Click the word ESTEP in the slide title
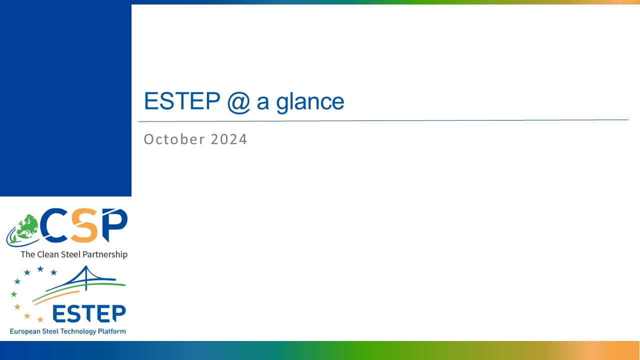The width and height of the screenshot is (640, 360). click(182, 101)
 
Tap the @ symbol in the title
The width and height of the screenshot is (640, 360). click(239, 102)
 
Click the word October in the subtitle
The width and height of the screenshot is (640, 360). click(174, 139)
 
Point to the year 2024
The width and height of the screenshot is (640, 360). click(229, 139)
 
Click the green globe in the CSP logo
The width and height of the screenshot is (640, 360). click(27, 227)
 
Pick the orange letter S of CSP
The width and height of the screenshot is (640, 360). click(85, 225)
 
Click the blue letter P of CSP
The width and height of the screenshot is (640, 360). click(115, 224)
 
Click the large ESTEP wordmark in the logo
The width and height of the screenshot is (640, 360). click(89, 313)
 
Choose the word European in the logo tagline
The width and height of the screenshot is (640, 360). click(25, 331)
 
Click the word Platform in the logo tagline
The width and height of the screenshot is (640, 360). click(112, 331)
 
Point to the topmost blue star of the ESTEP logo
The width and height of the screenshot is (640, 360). click(40, 268)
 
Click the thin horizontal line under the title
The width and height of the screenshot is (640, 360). click(383, 120)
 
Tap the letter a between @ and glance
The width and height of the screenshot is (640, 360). click(263, 103)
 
